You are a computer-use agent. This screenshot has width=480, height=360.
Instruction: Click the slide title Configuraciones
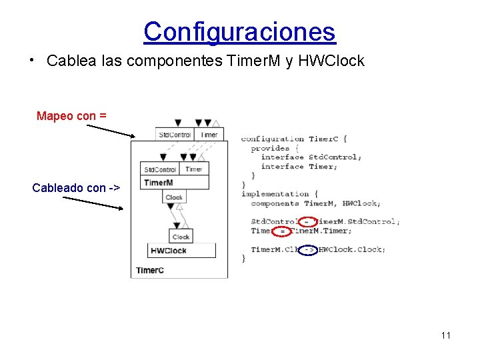(x=239, y=31)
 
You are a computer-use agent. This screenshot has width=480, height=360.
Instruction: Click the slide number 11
(x=446, y=335)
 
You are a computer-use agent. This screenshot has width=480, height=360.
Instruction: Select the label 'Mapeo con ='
(x=71, y=116)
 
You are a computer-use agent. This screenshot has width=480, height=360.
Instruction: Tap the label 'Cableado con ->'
(x=76, y=188)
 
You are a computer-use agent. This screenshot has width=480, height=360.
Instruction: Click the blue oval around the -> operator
(x=308, y=250)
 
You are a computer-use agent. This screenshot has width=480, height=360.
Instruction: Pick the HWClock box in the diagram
(x=181, y=251)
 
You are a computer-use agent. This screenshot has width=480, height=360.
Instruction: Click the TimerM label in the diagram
(x=159, y=183)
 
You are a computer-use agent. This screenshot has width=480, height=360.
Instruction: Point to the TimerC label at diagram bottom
(x=150, y=270)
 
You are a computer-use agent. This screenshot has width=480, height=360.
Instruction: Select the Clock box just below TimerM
(x=174, y=197)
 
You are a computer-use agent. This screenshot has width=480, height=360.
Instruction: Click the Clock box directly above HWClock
(x=181, y=237)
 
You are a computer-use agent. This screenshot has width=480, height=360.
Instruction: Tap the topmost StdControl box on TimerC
(x=174, y=134)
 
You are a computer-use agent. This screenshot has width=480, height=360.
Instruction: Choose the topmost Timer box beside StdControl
(x=209, y=134)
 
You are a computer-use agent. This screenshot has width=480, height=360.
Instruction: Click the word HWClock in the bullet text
(x=332, y=61)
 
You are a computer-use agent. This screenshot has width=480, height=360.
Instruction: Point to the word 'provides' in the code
(x=270, y=148)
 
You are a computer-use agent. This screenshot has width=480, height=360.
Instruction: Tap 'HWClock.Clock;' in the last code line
(x=351, y=249)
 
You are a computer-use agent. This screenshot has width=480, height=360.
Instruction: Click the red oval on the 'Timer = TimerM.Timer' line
(x=282, y=231)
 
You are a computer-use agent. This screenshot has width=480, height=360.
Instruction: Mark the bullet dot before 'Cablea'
(x=32, y=59)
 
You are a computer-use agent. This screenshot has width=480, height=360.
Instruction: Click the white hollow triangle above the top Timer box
(x=215, y=123)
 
